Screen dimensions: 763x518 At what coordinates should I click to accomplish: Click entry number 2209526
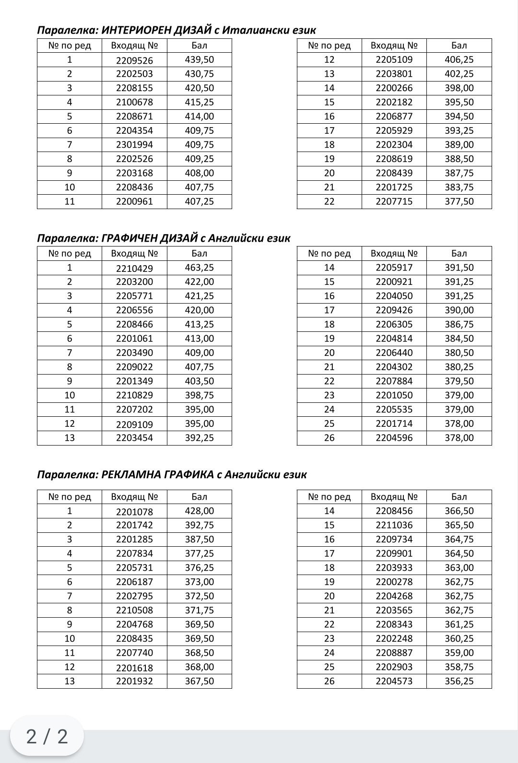tap(134, 60)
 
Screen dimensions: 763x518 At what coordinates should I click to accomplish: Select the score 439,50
tap(199, 59)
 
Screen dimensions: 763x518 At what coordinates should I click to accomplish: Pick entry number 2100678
tap(134, 103)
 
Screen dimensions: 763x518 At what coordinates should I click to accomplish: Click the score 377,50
tap(459, 201)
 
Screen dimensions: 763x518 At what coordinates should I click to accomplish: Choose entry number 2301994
tap(134, 145)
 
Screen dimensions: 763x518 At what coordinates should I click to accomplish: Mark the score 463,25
tap(199, 268)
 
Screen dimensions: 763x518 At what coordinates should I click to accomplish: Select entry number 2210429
tap(134, 269)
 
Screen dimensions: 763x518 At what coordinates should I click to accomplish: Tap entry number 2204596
tap(394, 438)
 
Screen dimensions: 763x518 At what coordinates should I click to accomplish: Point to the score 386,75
tap(459, 324)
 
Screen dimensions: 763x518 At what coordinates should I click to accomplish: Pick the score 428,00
tap(199, 511)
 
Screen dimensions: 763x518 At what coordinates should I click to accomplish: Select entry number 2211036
tap(394, 525)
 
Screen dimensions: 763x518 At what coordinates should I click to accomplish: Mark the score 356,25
tap(459, 681)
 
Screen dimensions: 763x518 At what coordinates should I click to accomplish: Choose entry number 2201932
tap(134, 681)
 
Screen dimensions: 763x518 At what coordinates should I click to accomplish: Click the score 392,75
tap(199, 525)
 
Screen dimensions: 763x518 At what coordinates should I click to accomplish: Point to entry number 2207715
tap(394, 201)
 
